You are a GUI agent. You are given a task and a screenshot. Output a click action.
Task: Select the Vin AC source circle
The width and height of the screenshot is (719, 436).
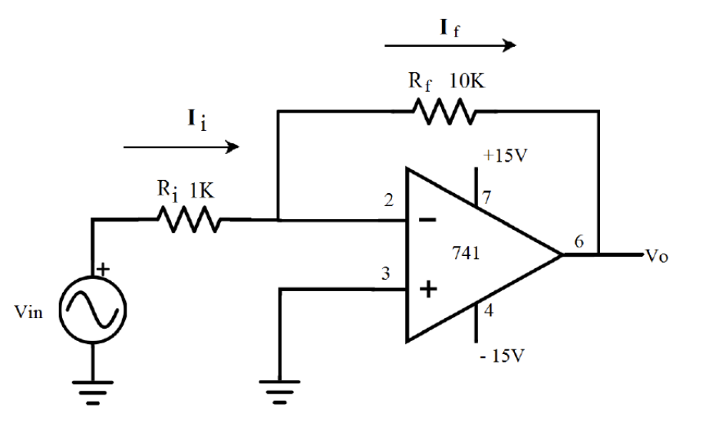coord(93,309)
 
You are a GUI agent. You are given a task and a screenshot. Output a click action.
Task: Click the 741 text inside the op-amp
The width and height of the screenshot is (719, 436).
coord(466,254)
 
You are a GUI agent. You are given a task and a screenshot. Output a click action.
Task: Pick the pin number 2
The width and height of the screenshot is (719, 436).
coord(390,202)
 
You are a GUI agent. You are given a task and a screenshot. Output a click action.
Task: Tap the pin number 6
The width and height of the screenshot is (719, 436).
coord(579,241)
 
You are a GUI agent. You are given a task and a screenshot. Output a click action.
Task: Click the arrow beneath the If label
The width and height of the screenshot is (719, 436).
coord(450,45)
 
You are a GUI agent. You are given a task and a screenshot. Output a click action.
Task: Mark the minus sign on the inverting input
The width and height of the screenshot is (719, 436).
coord(428,220)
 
